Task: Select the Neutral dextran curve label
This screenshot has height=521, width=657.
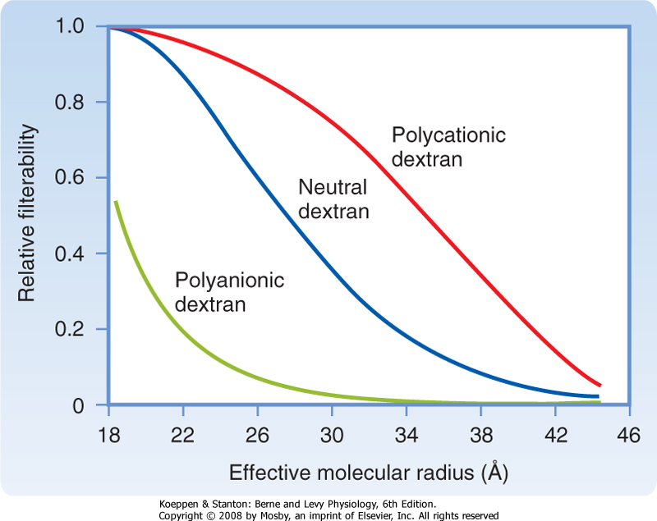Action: pos(333,199)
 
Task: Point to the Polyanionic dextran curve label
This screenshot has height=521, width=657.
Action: pos(229,292)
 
